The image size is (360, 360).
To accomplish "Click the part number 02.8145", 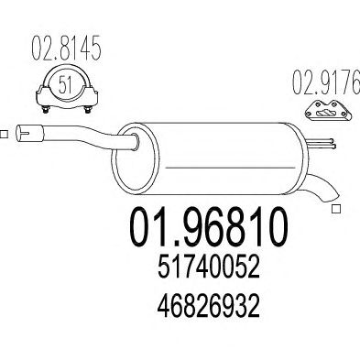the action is click(x=66, y=49).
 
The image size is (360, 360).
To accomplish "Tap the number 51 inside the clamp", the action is click(x=65, y=84).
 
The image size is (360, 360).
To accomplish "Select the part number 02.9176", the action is click(x=326, y=82).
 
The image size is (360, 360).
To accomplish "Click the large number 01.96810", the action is click(x=209, y=226).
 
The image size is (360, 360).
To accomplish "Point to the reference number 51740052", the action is click(x=209, y=267).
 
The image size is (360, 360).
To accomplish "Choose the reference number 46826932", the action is click(x=209, y=306).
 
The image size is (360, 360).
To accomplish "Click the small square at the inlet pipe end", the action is click(x=4, y=134).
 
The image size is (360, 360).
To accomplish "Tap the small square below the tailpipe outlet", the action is click(x=336, y=209).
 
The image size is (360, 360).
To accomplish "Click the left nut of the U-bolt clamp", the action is click(x=45, y=110).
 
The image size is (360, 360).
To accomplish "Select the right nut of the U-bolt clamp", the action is click(x=88, y=110).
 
